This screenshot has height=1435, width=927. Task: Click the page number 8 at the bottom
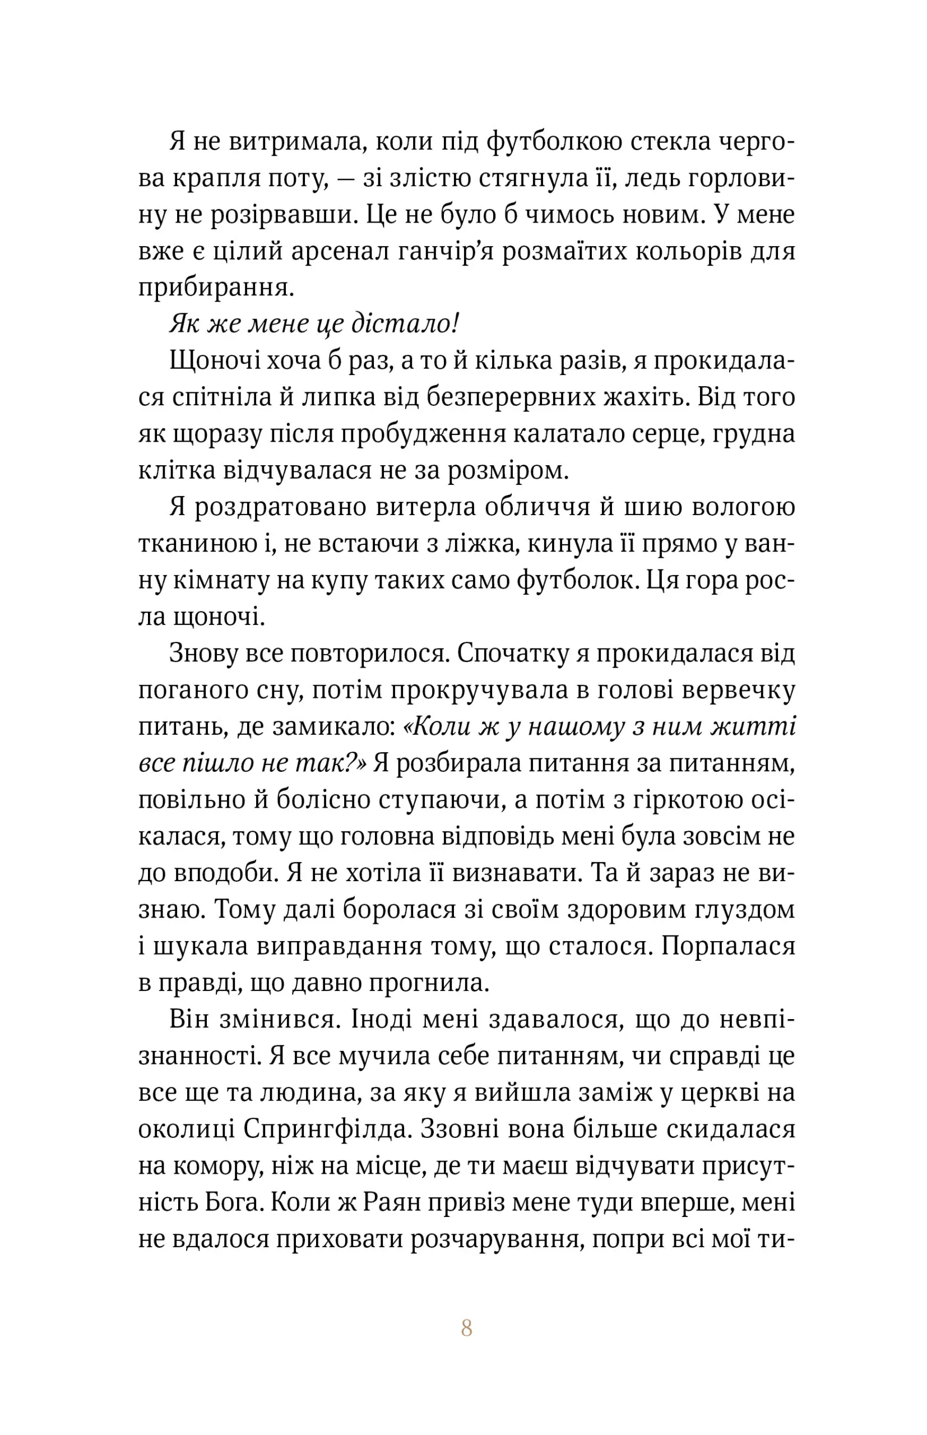(x=466, y=1328)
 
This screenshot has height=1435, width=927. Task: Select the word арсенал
(x=340, y=251)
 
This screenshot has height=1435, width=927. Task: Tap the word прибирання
(x=216, y=288)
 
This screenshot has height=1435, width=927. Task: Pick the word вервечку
(x=738, y=690)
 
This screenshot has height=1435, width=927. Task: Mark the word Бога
(x=229, y=1202)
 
